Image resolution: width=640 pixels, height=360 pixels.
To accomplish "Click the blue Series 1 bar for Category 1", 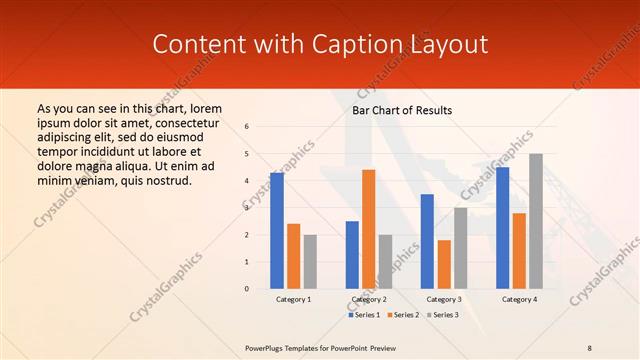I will [277, 231].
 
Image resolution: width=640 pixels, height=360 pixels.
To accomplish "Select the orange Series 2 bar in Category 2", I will [368, 229].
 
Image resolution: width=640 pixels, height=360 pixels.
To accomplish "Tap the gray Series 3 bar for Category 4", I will [536, 221].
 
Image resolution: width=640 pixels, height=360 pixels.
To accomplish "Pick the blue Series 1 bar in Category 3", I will [427, 241].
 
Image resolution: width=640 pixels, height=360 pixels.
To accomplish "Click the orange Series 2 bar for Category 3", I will [444, 264].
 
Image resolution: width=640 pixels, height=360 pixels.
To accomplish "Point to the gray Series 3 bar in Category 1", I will [310, 262].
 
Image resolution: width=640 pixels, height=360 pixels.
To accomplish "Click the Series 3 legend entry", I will [441, 315].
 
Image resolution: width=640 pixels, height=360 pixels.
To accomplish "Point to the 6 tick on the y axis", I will [247, 127].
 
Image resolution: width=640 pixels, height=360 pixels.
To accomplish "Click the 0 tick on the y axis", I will [247, 289].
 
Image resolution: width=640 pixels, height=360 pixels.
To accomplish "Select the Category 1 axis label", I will [293, 299].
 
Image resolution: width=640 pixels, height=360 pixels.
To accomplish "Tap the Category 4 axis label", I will [519, 299].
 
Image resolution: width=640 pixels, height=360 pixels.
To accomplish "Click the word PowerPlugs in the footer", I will [267, 347].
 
